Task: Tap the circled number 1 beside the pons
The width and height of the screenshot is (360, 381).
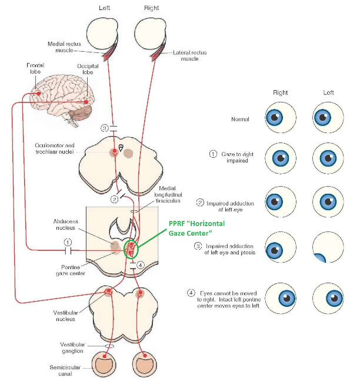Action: coord(68,241)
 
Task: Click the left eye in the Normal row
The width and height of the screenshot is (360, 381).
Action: coord(327,119)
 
